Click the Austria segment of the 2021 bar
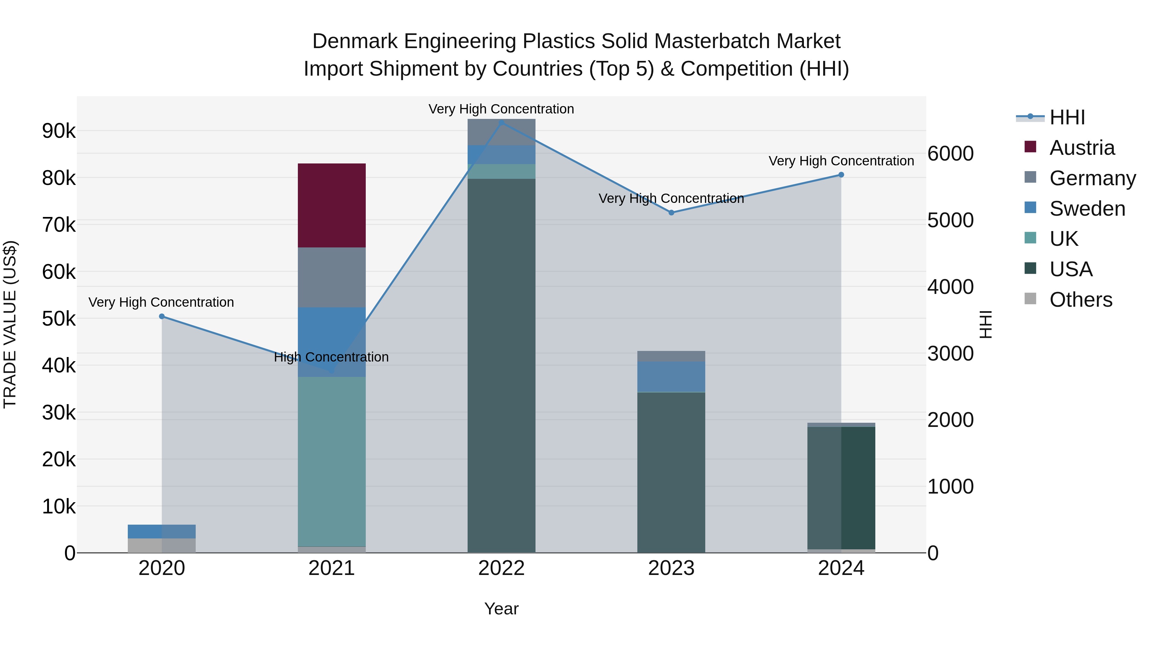pyautogui.click(x=332, y=205)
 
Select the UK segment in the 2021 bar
pyautogui.click(x=332, y=461)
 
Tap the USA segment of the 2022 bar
pyautogui.click(x=501, y=365)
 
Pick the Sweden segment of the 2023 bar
pyautogui.click(x=671, y=377)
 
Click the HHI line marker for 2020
pyautogui.click(x=162, y=317)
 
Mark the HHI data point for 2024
pyautogui.click(x=841, y=175)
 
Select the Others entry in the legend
pyautogui.click(x=1081, y=300)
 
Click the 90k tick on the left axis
pyautogui.click(x=59, y=131)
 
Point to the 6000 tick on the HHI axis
pyautogui.click(x=950, y=154)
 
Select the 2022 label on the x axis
pyautogui.click(x=501, y=568)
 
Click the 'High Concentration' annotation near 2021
pyautogui.click(x=331, y=357)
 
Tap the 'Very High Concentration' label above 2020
pyautogui.click(x=161, y=302)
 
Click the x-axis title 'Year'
pyautogui.click(x=501, y=609)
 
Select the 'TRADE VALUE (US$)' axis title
pyautogui.click(x=10, y=324)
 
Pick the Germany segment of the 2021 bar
pyautogui.click(x=332, y=277)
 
